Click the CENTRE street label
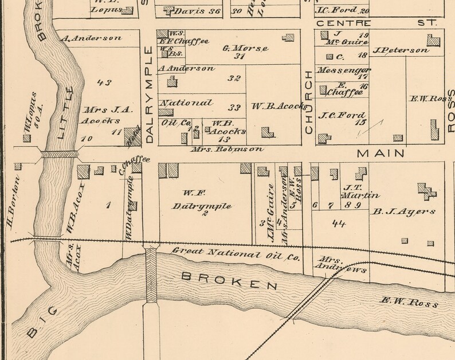343,23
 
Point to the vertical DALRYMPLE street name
150,95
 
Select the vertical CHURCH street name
308,102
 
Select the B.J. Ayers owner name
404,212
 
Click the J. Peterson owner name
401,50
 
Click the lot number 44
339,224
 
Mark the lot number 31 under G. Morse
240,57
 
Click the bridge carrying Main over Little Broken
59,154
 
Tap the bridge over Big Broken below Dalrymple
152,275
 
